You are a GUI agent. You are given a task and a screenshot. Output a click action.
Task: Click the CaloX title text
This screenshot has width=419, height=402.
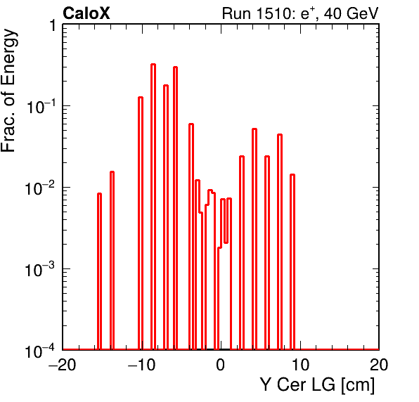pos(86,13)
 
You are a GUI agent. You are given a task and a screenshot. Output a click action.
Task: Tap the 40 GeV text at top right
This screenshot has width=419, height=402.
pos(351,13)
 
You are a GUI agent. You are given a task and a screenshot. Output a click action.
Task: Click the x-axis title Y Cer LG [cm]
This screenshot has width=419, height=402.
pos(318,385)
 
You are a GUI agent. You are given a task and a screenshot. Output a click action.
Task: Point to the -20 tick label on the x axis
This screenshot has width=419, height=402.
pos(63,365)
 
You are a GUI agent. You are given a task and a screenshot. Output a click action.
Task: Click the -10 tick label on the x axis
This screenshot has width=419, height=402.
pos(141,365)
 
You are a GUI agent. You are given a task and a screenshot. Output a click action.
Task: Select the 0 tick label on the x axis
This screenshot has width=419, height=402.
pos(221,365)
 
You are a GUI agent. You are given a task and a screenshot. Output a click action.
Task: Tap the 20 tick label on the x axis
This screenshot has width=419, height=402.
pos(379,365)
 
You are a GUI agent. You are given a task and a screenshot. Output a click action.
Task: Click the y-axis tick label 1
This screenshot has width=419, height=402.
pos(53,26)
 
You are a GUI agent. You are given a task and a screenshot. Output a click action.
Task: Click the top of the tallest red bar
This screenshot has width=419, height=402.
pos(153,65)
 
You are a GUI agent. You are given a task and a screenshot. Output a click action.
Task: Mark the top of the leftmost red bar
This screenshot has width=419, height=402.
pos(99,194)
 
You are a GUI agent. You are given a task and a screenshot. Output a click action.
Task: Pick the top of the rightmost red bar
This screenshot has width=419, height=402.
pos(292,175)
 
